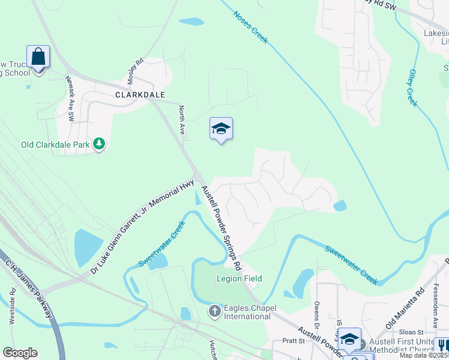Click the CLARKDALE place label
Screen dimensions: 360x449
[140, 95]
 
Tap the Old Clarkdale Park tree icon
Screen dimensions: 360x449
[99, 144]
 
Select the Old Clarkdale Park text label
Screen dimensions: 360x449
[55, 145]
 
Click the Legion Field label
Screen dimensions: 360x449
[239, 278]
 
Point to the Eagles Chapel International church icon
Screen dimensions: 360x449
[214, 311]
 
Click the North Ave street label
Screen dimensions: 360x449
[182, 119]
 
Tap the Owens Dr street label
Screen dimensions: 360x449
[316, 312]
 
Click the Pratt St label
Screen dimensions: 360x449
[293, 340]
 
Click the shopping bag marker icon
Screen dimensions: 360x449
[38, 58]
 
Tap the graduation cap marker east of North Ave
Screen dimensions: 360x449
[221, 128]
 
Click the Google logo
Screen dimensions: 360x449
[20, 353]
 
